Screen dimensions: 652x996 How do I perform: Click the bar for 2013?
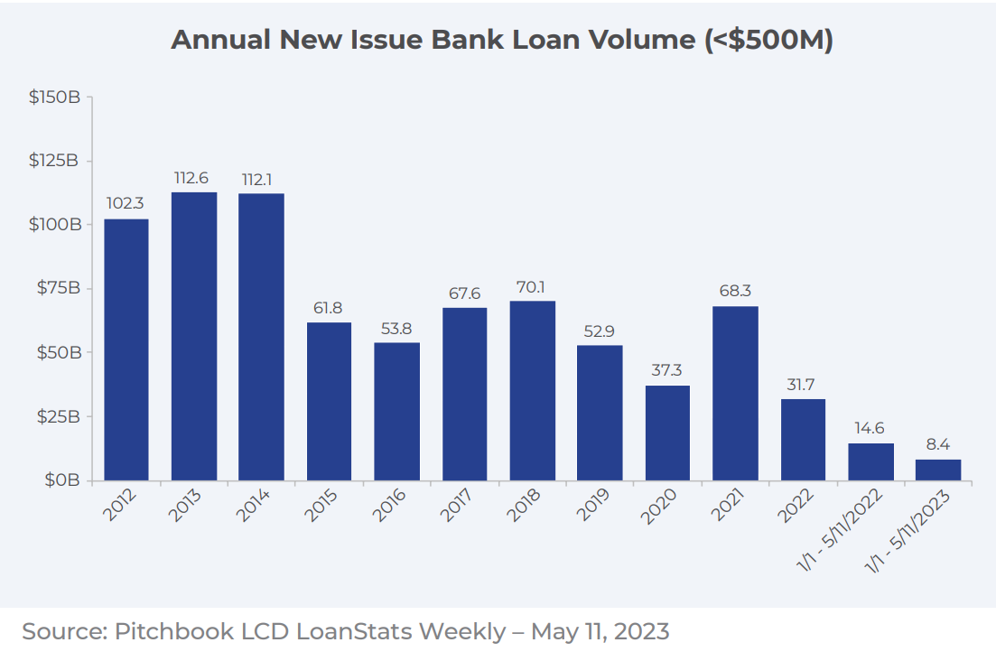click(x=194, y=336)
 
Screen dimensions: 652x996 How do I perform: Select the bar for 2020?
click(x=667, y=433)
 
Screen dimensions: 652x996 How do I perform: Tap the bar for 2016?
click(x=396, y=411)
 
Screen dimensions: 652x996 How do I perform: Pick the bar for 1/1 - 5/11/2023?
click(x=937, y=470)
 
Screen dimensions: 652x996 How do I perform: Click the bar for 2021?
click(x=735, y=393)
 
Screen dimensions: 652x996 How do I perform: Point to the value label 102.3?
click(x=126, y=204)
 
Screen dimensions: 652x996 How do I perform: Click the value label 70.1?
click(x=532, y=287)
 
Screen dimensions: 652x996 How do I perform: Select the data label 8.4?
click(x=938, y=445)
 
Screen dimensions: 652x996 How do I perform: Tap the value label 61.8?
click(x=329, y=308)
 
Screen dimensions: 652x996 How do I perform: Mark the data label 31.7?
click(x=803, y=385)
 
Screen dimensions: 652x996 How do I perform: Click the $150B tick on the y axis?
click(x=55, y=97)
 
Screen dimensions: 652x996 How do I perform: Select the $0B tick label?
click(x=61, y=480)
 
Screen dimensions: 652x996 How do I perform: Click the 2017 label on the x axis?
click(x=458, y=507)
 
